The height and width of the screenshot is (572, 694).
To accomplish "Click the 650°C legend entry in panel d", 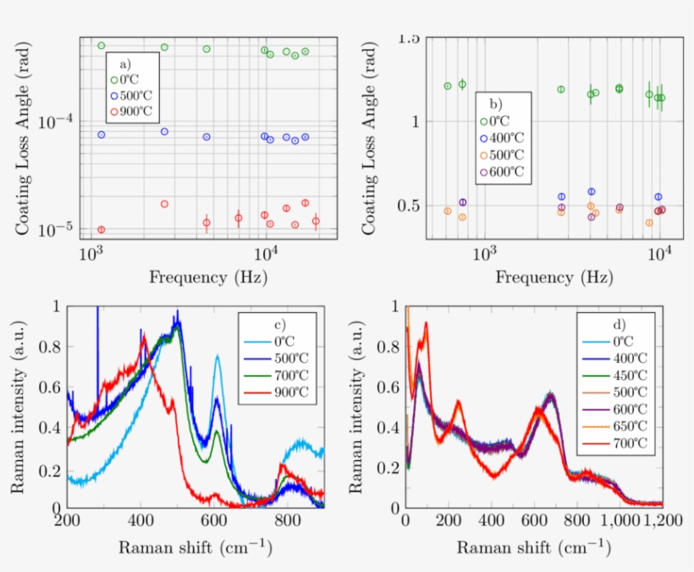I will (623, 425).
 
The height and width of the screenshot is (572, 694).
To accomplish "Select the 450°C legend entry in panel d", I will (623, 375).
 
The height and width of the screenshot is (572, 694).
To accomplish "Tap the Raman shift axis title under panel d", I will (533, 547).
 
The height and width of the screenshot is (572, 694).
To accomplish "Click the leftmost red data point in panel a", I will (102, 229).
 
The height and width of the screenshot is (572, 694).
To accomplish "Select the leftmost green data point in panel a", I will (102, 46).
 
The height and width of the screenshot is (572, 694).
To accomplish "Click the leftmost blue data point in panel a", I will (102, 135).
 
